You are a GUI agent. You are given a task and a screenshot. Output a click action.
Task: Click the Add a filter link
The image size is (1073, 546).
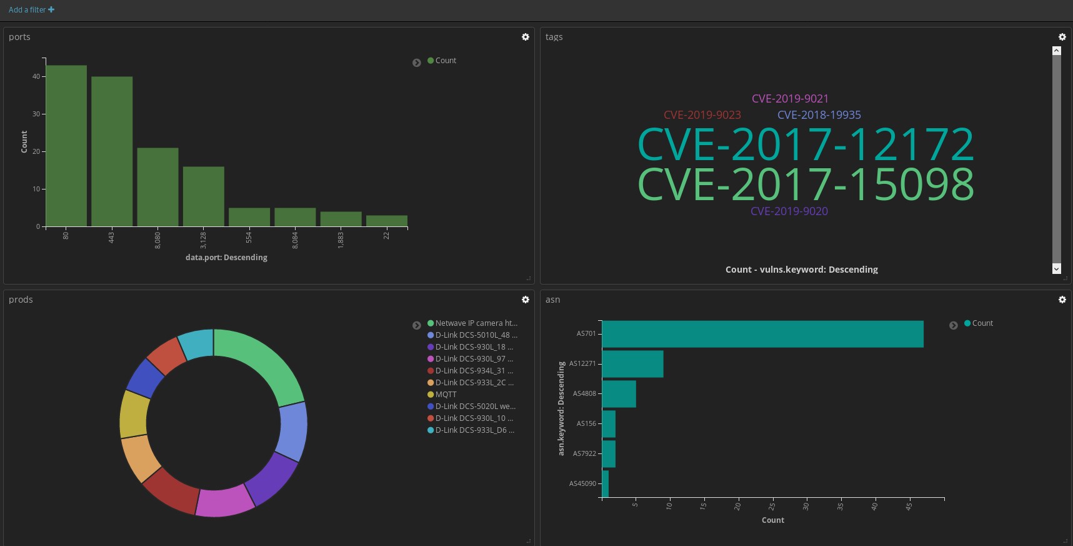pos(31,10)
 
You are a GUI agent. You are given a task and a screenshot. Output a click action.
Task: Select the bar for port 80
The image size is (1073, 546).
pos(66,146)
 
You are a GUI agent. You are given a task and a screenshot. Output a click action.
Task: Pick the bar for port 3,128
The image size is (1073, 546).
pos(204,196)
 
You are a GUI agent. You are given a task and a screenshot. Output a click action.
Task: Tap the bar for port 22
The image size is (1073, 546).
pos(387,221)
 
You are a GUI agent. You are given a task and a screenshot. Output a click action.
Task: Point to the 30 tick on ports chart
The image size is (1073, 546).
pos(36,114)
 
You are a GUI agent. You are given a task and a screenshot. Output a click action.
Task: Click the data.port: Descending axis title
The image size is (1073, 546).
pos(226,258)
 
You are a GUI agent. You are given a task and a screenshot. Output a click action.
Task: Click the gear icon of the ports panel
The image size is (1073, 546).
pos(526,37)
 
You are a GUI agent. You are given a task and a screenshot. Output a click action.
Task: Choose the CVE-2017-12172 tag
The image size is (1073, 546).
pos(806,145)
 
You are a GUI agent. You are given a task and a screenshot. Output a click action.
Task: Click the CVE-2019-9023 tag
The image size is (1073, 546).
pos(702,115)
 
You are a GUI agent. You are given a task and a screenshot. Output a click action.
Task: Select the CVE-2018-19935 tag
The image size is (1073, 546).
pos(819,115)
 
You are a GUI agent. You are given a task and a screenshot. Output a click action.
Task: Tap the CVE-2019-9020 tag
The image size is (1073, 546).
pos(789,211)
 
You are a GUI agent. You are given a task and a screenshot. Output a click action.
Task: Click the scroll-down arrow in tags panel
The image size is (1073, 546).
pos(1057,269)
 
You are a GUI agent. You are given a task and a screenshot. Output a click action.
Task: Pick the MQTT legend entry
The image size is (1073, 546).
pos(446,395)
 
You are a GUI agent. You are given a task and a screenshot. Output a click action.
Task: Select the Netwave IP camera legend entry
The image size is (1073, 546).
pos(476,323)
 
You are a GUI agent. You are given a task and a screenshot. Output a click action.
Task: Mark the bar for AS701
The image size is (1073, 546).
pos(762,334)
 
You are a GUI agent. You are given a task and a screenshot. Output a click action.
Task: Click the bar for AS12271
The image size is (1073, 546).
pos(632,364)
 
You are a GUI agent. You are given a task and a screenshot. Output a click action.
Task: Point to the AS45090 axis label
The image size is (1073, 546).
pos(582,483)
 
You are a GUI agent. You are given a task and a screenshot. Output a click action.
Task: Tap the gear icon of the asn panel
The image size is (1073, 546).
pos(1062,300)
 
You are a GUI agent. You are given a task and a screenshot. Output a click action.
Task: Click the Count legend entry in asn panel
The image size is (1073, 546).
pos(982,323)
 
